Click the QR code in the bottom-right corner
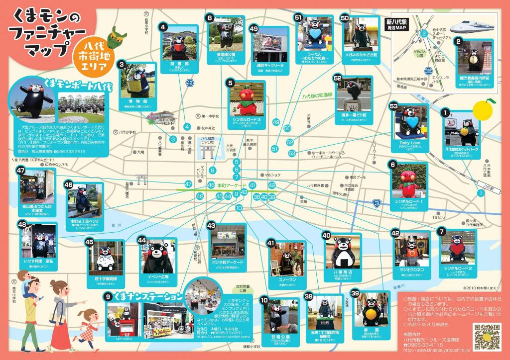point(487,337)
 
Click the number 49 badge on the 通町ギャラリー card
point(254,29)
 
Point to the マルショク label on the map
point(272,175)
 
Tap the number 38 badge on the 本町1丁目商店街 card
point(308,296)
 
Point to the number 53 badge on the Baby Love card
point(393,106)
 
